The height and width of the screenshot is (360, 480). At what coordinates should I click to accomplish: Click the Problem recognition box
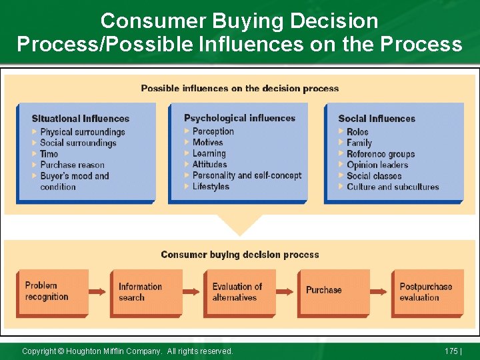52,291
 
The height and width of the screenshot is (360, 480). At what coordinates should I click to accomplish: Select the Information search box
145,292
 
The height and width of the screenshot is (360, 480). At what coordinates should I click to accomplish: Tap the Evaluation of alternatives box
239,292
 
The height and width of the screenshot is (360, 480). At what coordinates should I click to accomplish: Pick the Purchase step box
332,291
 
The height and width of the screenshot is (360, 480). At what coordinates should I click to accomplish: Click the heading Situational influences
80,119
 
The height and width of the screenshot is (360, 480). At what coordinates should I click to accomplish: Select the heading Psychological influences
239,118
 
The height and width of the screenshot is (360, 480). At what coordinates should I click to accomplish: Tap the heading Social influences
377,119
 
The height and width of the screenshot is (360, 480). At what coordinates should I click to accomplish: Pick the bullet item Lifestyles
211,187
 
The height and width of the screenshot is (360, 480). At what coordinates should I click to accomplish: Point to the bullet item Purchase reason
72,165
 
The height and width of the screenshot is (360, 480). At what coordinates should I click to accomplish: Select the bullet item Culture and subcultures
393,187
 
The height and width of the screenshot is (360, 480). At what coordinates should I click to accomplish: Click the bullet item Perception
213,131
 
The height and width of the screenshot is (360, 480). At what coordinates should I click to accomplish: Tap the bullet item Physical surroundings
82,132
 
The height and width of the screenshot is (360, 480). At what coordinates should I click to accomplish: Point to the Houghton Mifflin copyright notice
127,351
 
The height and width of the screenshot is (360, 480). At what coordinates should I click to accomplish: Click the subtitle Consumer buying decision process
240,255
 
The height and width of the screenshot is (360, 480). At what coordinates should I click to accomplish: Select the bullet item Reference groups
381,154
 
